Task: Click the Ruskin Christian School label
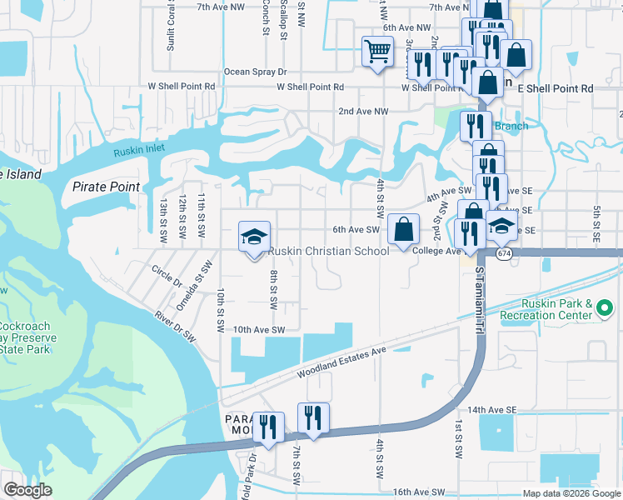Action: pyautogui.click(x=327, y=251)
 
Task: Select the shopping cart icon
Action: pyautogui.click(x=377, y=52)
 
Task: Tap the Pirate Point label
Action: pyautogui.click(x=106, y=187)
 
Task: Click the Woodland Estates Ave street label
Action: pyautogui.click(x=342, y=363)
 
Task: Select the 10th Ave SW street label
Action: pyautogui.click(x=259, y=330)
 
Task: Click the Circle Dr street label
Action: pyautogui.click(x=167, y=277)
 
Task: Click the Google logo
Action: pyautogui.click(x=27, y=490)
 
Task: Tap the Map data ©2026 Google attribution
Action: pyautogui.click(x=571, y=493)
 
